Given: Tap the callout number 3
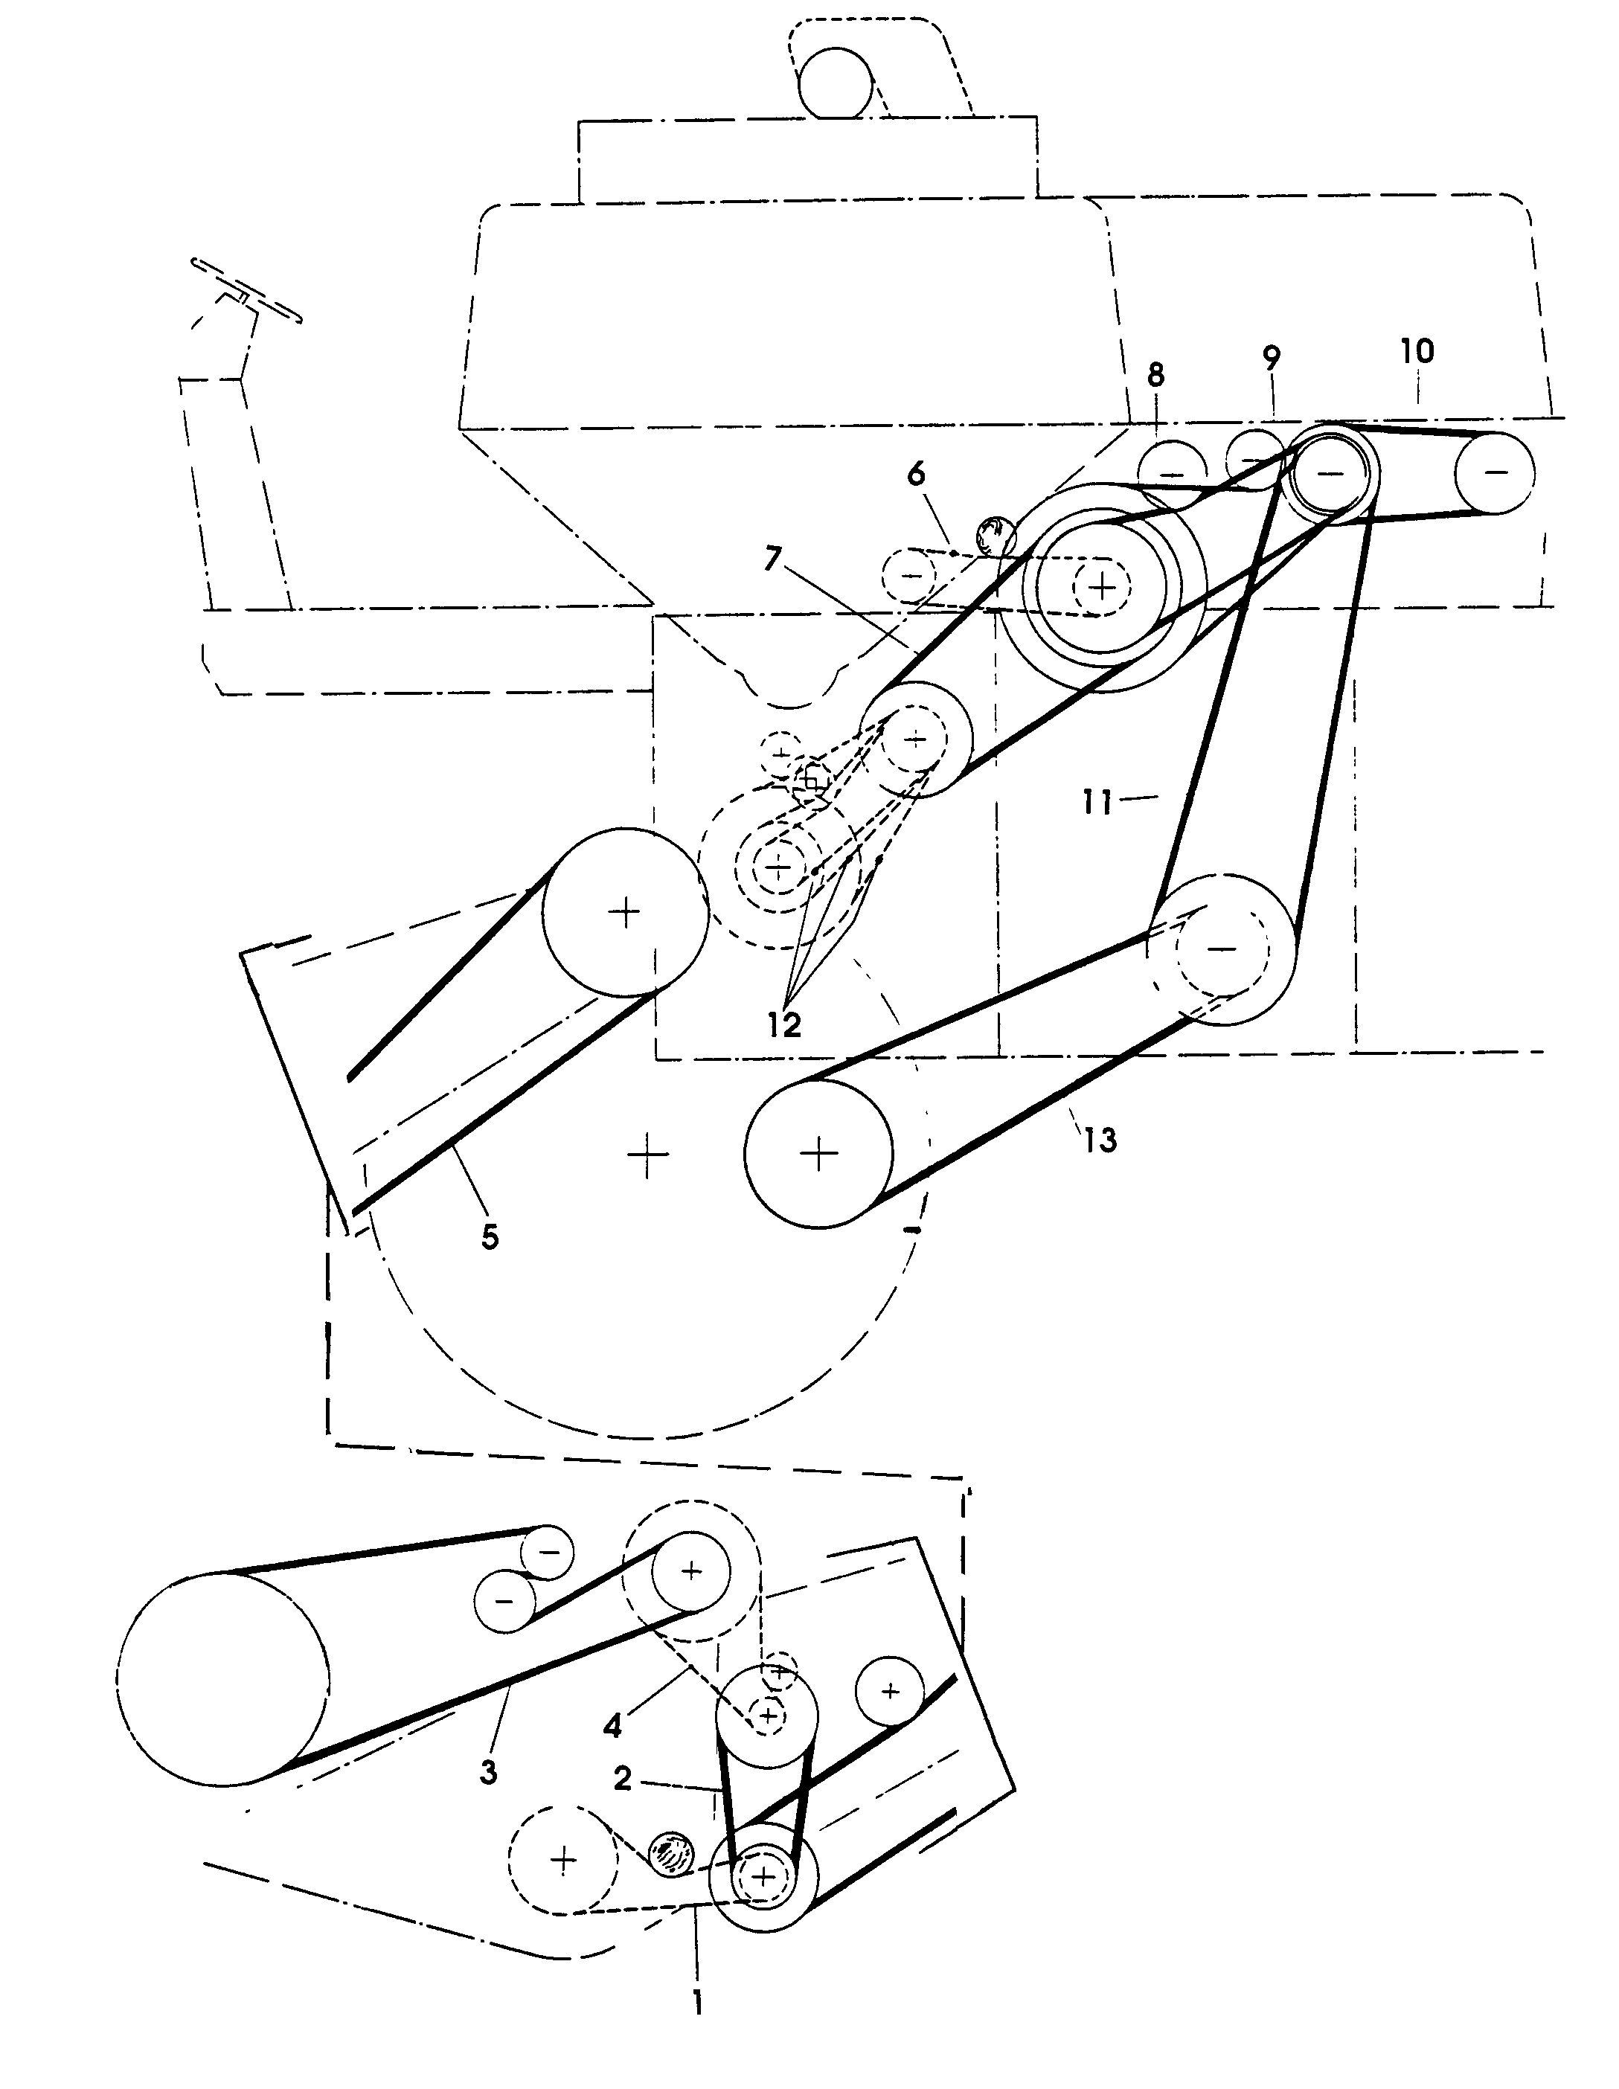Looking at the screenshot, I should pos(488,1771).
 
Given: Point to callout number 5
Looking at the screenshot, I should pos(489,1236).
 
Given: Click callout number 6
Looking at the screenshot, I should pos(916,473).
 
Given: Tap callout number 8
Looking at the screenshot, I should pos(1156,375).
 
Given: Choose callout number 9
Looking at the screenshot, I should pos(1271,359).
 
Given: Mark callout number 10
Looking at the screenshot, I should pos(1417,351).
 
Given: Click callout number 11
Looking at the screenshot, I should pos(1097,801).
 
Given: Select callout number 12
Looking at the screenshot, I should pos(783,1024).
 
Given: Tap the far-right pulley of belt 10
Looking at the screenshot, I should pos(1494,472).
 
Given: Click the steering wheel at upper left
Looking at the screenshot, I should pos(247,291).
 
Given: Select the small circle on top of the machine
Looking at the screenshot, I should pos(836,83).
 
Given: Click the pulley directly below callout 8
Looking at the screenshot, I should pos(1173,473).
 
